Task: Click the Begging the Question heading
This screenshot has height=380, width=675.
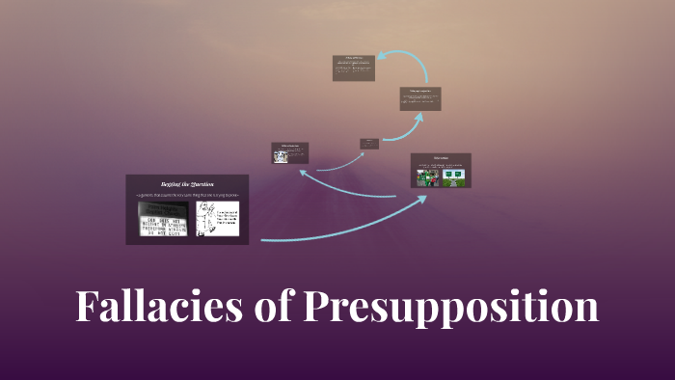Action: point(187,183)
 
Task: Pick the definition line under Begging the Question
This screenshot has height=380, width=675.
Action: point(187,195)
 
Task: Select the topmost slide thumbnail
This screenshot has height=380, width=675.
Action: point(353,68)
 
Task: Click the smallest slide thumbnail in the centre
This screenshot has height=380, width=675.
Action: point(368,144)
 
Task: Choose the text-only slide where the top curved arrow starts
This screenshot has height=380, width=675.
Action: point(420,98)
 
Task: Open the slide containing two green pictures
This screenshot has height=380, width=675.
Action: point(441,171)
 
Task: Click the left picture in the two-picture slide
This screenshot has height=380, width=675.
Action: point(428,177)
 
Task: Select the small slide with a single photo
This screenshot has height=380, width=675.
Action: point(290,152)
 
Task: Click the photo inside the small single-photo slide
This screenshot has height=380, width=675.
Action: point(281,156)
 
